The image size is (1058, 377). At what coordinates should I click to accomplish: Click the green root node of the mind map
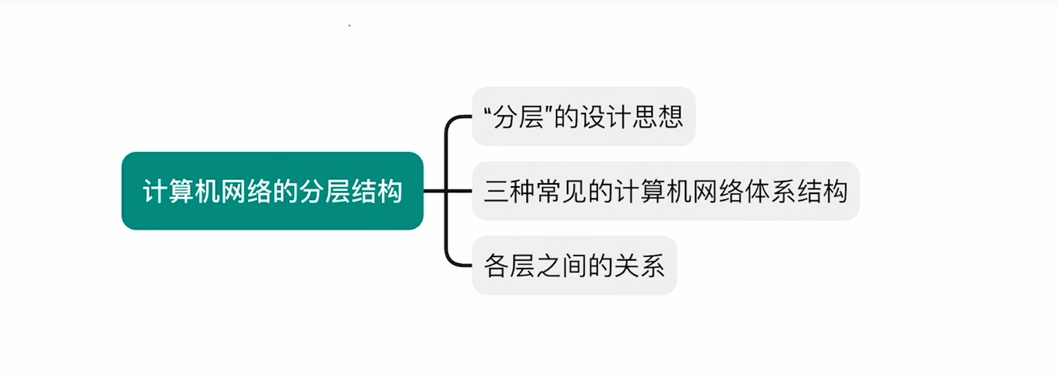[272, 191]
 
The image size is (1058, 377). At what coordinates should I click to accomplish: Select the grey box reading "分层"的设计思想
[583, 116]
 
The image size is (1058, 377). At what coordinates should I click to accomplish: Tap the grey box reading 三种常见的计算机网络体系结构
[665, 191]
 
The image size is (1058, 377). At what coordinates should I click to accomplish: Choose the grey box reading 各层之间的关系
[574, 266]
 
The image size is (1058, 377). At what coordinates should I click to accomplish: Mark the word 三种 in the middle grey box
[509, 192]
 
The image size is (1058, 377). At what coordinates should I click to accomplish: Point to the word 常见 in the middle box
[561, 192]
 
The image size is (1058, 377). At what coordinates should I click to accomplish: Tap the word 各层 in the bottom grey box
[509, 266]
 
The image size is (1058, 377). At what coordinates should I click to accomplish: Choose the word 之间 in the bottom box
[561, 266]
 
